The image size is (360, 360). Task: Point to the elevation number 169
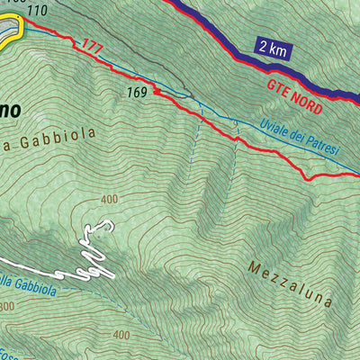tap(136, 92)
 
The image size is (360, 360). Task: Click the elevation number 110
tap(37, 11)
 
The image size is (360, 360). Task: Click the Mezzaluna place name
tap(289, 283)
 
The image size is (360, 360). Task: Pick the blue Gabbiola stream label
tap(27, 290)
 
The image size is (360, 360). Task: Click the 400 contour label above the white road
tap(110, 200)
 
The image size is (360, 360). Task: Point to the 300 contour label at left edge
tap(7, 307)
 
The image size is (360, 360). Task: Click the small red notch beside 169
tap(157, 90)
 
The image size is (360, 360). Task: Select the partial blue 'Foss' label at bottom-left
tap(11, 353)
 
